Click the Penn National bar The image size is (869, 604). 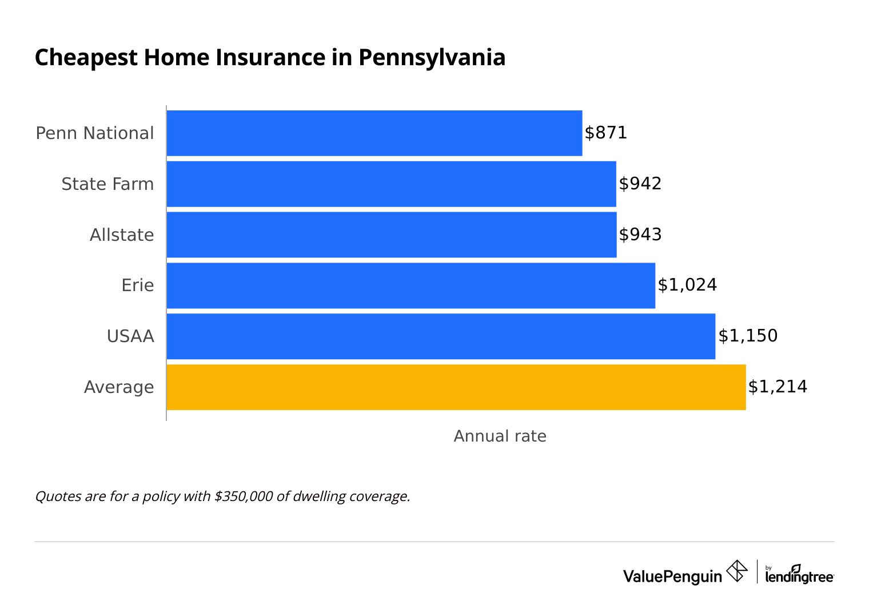click(374, 133)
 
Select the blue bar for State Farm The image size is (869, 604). click(392, 184)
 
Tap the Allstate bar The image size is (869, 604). click(392, 235)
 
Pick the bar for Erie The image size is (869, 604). click(410, 285)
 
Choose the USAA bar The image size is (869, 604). click(441, 336)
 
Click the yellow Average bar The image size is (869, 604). click(456, 387)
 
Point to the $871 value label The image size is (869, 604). click(606, 133)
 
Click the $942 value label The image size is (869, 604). click(640, 184)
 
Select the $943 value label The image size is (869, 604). click(640, 235)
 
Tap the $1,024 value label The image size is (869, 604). click(687, 285)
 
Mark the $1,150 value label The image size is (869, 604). click(748, 336)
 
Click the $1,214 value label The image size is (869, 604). click(778, 387)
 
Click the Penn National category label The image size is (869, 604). click(95, 133)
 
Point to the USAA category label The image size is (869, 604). click(130, 336)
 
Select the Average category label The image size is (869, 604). click(119, 387)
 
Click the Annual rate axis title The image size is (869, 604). click(500, 436)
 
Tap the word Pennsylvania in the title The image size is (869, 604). click(432, 58)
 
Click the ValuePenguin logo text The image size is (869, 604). click(672, 576)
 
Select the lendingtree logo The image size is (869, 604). click(799, 575)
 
